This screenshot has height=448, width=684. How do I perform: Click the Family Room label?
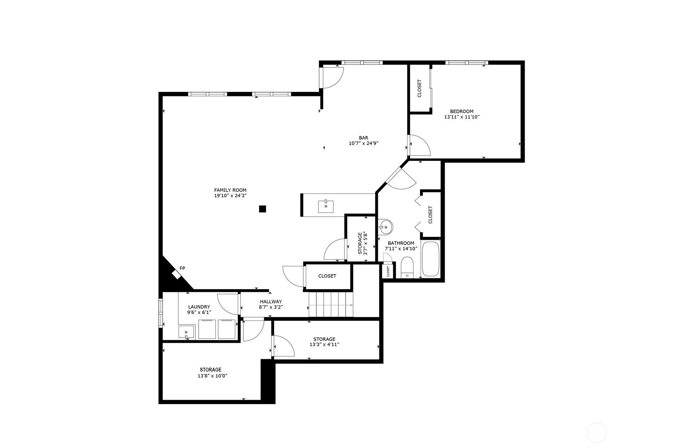(x=230, y=190)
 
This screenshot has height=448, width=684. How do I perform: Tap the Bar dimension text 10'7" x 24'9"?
(x=364, y=144)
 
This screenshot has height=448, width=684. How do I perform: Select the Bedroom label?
(x=461, y=112)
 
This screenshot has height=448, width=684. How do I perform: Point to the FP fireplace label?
(x=183, y=268)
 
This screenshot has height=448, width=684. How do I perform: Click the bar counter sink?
(x=326, y=206)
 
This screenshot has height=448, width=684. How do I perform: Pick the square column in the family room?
(x=262, y=209)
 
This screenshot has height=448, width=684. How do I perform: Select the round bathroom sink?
(x=385, y=227)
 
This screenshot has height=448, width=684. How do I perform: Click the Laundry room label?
(x=199, y=307)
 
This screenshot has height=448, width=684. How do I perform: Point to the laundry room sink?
(x=186, y=332)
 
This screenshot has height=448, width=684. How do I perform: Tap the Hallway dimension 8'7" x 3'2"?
(x=271, y=308)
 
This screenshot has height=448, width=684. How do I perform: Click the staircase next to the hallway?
(x=331, y=304)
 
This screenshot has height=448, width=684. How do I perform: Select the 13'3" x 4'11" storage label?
(x=324, y=344)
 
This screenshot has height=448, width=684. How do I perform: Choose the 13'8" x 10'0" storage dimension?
(x=213, y=376)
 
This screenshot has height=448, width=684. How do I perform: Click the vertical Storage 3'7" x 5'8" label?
(x=362, y=243)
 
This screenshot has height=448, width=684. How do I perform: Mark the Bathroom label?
(x=401, y=243)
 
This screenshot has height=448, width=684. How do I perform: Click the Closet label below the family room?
(x=327, y=276)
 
